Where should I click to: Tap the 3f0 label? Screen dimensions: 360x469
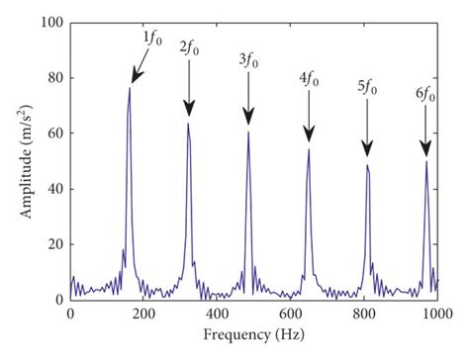248,60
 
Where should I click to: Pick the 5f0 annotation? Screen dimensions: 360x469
367,86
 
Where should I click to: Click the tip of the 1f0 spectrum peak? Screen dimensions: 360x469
129,88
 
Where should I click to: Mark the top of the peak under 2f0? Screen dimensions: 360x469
188,123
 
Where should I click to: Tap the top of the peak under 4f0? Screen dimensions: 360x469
309,149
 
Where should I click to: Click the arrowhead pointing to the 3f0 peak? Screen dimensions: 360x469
248,122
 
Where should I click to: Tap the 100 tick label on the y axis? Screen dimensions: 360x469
50,22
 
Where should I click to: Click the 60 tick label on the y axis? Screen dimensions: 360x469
53,133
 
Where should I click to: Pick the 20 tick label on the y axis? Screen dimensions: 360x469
53,243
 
